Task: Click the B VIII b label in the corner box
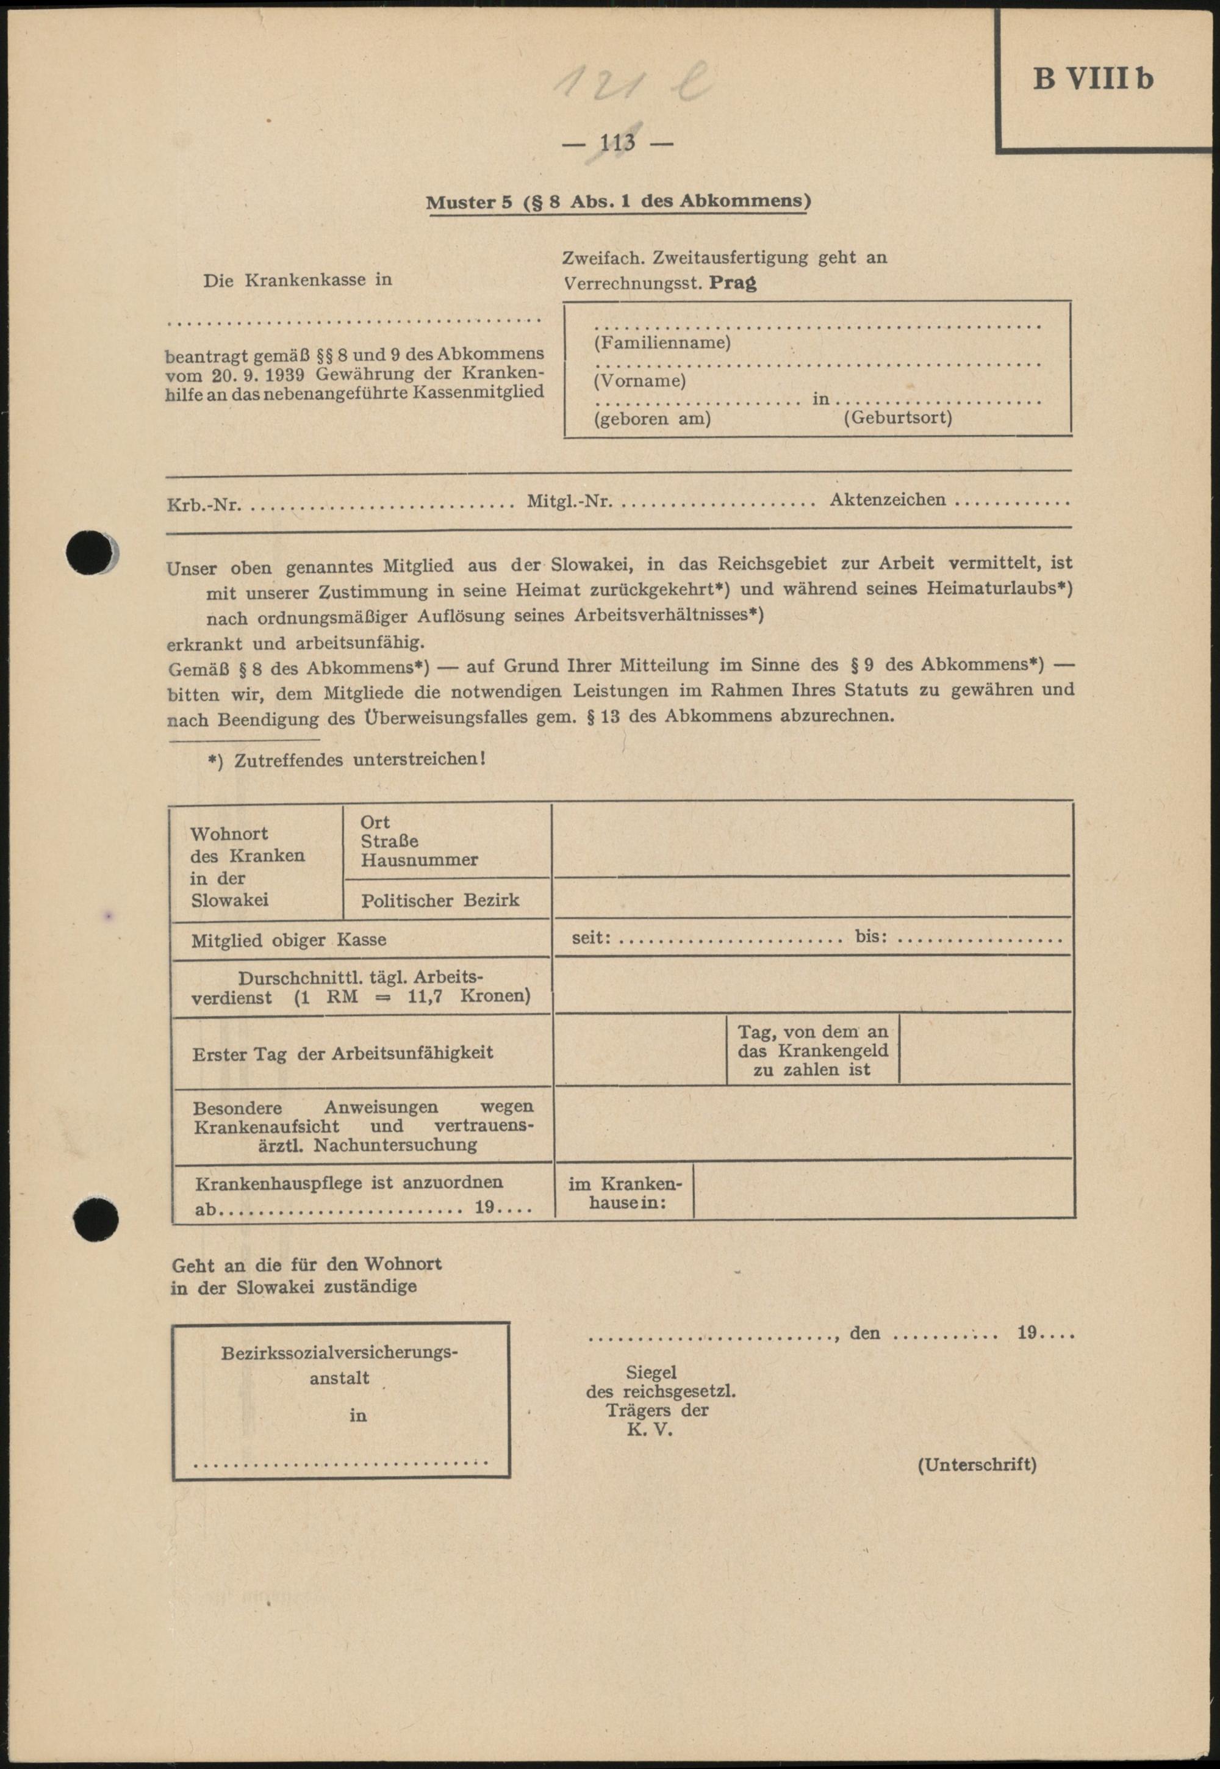pyautogui.click(x=1093, y=79)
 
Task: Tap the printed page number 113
pyautogui.click(x=618, y=142)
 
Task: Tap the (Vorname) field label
pyautogui.click(x=639, y=380)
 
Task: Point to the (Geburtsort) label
pyautogui.click(x=897, y=418)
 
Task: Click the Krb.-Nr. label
pyautogui.click(x=203, y=505)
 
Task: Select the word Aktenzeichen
pyautogui.click(x=888, y=500)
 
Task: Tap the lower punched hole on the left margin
pyautogui.click(x=96, y=1220)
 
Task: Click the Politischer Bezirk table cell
pyautogui.click(x=440, y=900)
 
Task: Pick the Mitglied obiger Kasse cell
pyautogui.click(x=288, y=940)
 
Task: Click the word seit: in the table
pyautogui.click(x=591, y=937)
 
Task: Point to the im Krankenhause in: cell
pyautogui.click(x=624, y=1192)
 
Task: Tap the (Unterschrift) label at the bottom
pyautogui.click(x=976, y=1464)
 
